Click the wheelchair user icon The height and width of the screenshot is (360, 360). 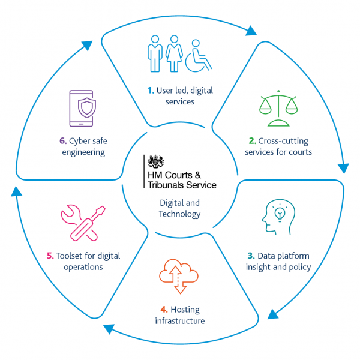point(199,56)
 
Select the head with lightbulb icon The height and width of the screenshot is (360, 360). point(278,217)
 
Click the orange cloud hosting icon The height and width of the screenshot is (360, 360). point(179,276)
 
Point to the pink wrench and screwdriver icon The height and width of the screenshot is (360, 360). point(83,223)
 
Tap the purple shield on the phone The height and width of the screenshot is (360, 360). point(87,107)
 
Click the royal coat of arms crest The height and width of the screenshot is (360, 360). point(156,161)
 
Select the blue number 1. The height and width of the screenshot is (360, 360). point(151,91)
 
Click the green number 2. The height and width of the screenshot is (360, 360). point(253,141)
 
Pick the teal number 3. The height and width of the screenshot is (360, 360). point(251,256)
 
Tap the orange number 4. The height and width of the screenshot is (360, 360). point(164,310)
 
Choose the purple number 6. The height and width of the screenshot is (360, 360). point(63,141)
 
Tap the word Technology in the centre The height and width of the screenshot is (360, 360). point(179,214)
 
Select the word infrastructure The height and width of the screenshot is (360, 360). point(180,321)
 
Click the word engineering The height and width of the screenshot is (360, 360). point(83,152)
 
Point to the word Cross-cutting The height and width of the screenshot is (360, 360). point(283,141)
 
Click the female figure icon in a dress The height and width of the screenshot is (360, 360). point(174,53)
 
